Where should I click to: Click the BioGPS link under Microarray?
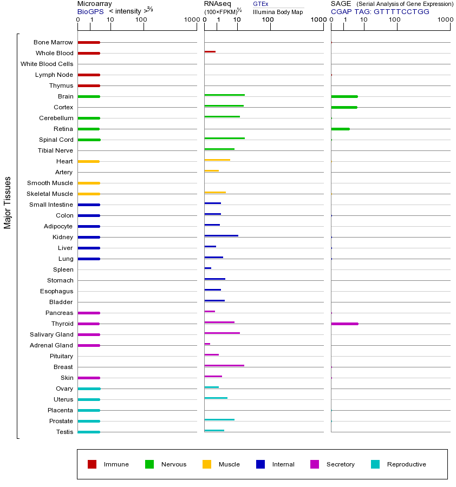click(x=89, y=11)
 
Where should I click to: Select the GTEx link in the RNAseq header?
click(x=260, y=4)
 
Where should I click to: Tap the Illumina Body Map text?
click(x=278, y=12)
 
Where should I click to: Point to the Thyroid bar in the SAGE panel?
click(x=344, y=324)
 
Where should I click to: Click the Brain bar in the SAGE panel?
click(x=344, y=96)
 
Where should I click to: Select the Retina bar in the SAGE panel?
click(x=340, y=129)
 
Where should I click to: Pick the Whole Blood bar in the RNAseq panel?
click(x=210, y=52)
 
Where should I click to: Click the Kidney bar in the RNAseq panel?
click(x=221, y=236)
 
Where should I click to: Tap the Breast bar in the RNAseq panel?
click(x=224, y=366)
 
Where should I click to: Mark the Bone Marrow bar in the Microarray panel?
click(x=89, y=42)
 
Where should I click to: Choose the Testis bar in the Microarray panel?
click(x=89, y=432)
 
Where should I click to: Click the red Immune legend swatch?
click(x=92, y=464)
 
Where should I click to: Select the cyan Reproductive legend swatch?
click(x=375, y=464)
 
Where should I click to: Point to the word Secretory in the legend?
click(x=340, y=464)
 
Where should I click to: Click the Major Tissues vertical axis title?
click(x=8, y=202)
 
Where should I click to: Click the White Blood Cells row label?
click(x=47, y=64)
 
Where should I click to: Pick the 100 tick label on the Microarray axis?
click(x=141, y=20)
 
